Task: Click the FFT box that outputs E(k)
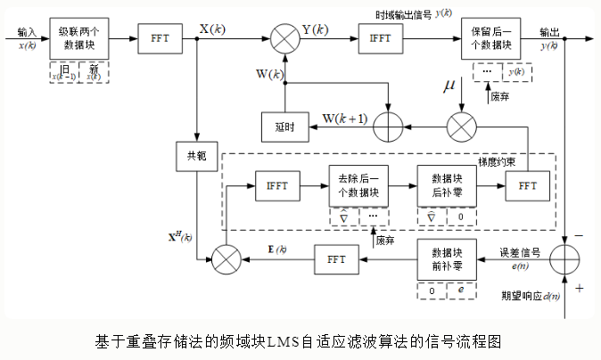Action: (336, 259)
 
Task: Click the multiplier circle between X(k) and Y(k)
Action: (284, 39)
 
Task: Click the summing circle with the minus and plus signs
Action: (567, 260)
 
